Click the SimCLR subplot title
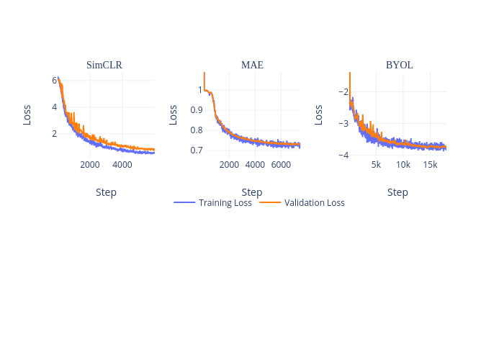104,65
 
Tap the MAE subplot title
252,65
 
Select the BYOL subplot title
399,65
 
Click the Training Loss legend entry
213,203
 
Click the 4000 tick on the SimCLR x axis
122,165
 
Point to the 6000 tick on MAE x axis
281,165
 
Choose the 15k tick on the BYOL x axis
430,165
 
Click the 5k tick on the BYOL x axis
376,165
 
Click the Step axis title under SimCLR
106,192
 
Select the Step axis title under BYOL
397,192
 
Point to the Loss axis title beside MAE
173,114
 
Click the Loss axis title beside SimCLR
27,114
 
